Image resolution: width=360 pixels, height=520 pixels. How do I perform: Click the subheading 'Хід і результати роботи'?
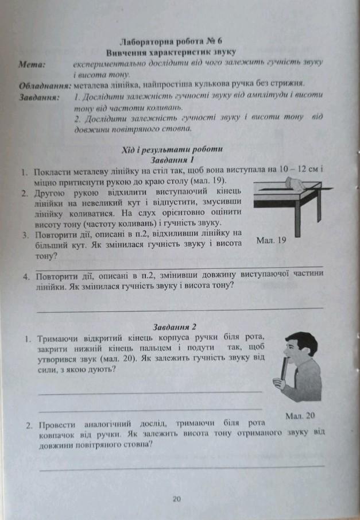(x=172, y=150)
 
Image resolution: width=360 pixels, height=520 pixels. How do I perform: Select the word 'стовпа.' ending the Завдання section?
(x=146, y=130)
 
